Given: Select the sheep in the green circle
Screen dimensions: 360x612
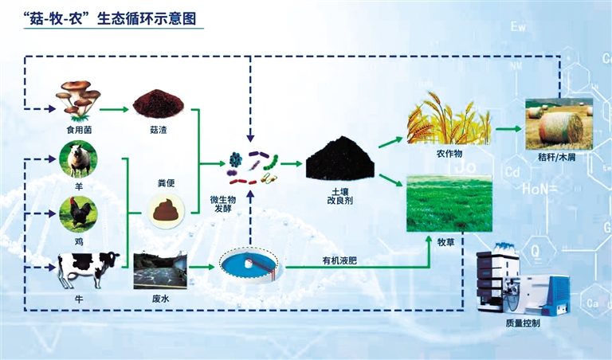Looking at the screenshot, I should coord(79,159).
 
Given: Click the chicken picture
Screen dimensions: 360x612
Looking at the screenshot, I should coord(79,213).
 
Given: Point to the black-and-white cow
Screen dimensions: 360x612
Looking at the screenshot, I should coord(88,268).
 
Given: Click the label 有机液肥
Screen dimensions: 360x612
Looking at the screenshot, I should coord(328,260).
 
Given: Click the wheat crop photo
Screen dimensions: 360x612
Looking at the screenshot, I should coord(449,118).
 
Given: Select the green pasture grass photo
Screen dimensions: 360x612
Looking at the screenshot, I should coord(449,203).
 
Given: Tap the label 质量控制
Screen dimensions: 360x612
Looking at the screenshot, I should coord(522,323).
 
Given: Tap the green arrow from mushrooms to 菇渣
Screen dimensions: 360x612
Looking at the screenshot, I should coord(116,109).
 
